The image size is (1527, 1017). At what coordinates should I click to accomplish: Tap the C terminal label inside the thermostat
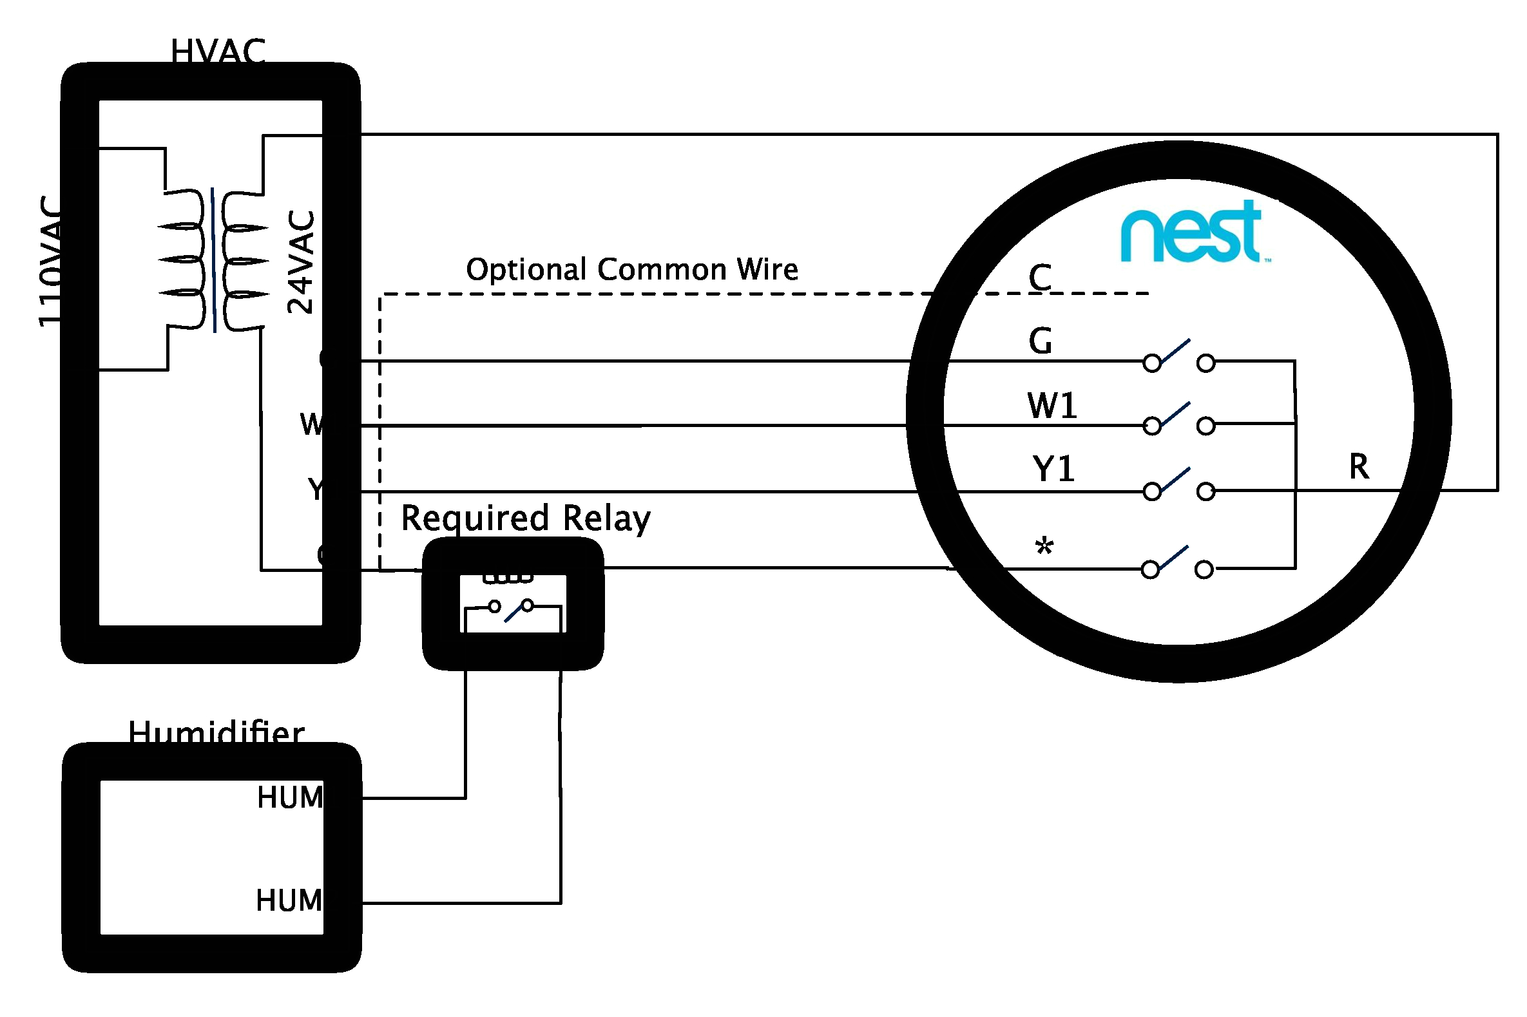pos(1040,278)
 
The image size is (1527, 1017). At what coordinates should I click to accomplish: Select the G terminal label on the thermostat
pos(1040,341)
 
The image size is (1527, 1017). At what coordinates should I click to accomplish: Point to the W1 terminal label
pos(1052,406)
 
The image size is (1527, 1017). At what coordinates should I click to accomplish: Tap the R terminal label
pos(1358,466)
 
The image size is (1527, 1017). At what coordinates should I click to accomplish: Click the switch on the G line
pos(1178,356)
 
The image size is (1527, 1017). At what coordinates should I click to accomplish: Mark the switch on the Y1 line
pos(1178,484)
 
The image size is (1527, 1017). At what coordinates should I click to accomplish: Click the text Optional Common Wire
pos(632,269)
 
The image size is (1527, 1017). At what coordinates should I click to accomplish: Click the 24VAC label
pos(301,261)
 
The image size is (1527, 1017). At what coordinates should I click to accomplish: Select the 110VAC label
pos(51,261)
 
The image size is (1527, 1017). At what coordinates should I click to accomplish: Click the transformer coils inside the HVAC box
pos(213,260)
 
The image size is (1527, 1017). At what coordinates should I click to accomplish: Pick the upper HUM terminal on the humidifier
pos(290,797)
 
